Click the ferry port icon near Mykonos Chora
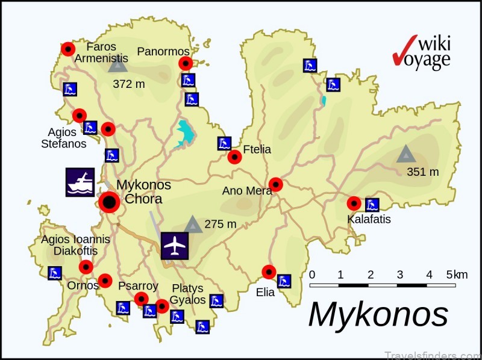(x=80, y=182)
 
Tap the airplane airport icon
(x=175, y=246)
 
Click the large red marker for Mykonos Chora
(x=109, y=203)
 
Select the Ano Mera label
(x=248, y=191)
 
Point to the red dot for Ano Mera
(x=275, y=184)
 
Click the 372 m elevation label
(x=129, y=84)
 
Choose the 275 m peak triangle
(x=193, y=225)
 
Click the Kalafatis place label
(x=369, y=219)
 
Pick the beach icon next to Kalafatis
(x=372, y=205)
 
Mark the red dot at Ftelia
(x=234, y=157)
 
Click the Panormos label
(x=163, y=52)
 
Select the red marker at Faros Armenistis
(x=68, y=49)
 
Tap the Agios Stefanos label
(x=63, y=138)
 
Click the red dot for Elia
(x=269, y=272)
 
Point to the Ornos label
(x=83, y=285)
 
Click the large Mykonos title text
(x=378, y=314)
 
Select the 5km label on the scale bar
(x=457, y=275)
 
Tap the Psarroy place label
(x=138, y=286)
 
